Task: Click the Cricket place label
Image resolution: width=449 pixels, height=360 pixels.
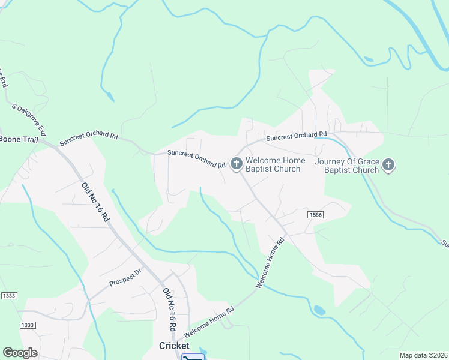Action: (174, 346)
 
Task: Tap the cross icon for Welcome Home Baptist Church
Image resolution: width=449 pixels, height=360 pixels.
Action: (236, 163)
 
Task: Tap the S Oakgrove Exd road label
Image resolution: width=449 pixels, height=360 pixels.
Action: (29, 119)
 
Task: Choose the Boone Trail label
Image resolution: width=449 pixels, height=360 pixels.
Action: (19, 140)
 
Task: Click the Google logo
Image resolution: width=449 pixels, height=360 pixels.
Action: (20, 353)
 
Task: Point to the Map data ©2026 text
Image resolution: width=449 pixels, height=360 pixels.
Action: (423, 355)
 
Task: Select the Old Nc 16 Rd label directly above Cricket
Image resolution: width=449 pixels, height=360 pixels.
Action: (169, 310)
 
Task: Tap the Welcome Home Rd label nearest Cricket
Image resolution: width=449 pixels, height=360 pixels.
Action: (209, 322)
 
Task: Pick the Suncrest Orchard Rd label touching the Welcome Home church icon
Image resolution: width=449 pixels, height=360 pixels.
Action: (196, 158)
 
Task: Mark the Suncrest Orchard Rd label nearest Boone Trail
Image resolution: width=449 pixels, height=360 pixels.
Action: (89, 139)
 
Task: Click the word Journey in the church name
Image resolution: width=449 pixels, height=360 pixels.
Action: (333, 160)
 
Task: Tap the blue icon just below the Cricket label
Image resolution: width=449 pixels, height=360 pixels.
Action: (193, 358)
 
